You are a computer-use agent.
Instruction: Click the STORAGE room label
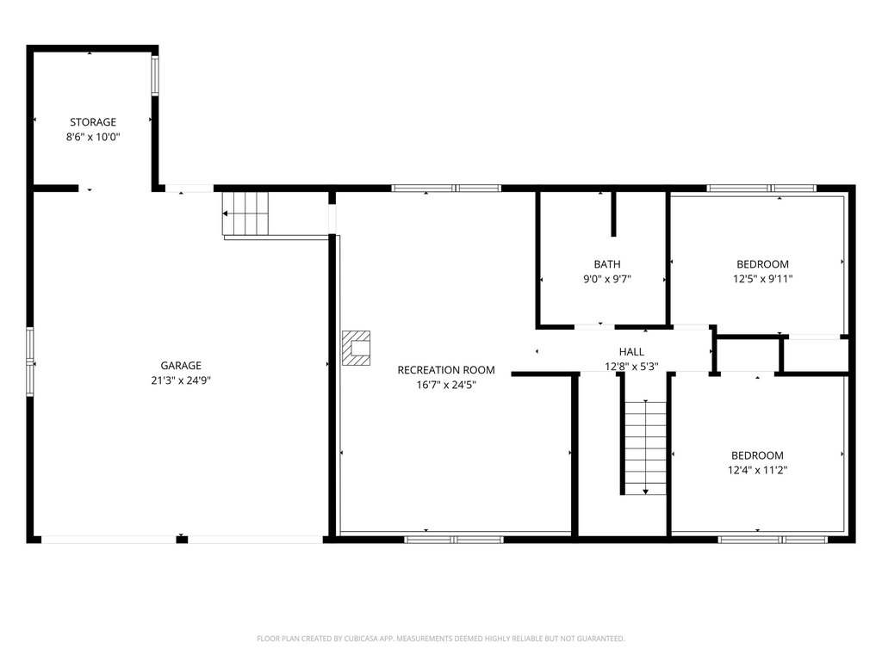(93, 122)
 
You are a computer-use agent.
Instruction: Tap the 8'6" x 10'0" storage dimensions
(93, 137)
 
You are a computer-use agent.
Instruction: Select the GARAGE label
(181, 365)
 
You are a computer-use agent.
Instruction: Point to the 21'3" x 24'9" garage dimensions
(181, 380)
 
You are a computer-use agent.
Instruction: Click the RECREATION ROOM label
(446, 370)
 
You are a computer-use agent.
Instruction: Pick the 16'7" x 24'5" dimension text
(446, 385)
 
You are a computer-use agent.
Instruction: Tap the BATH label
(607, 264)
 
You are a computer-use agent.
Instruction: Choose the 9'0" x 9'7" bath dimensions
(607, 279)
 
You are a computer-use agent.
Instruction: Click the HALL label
(631, 352)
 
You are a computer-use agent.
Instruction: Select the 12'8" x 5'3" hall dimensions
(631, 367)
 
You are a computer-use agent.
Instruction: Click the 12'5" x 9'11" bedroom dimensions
(763, 279)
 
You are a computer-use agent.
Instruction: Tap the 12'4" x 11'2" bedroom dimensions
(757, 471)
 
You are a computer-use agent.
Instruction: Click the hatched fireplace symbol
(356, 348)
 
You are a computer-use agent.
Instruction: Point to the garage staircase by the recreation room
(245, 213)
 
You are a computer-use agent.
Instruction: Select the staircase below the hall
(645, 448)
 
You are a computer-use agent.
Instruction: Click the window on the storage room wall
(155, 76)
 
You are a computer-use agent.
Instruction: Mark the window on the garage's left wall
(30, 362)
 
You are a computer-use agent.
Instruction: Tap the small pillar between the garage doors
(182, 540)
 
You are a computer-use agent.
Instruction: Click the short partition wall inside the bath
(613, 214)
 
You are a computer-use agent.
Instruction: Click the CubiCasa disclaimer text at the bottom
(440, 639)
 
